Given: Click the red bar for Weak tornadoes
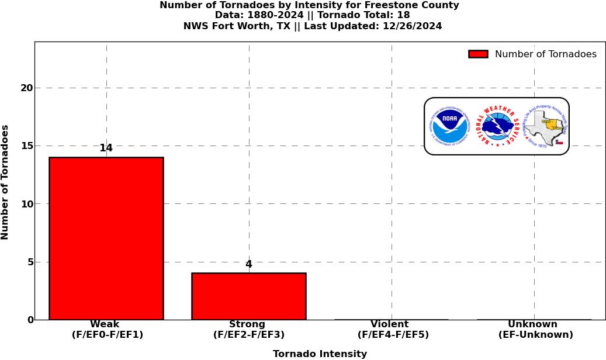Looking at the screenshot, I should (x=106, y=238).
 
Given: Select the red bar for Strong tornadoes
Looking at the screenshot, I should (x=248, y=296).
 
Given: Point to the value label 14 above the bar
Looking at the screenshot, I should (x=106, y=148).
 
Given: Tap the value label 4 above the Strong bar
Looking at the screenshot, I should (x=248, y=265).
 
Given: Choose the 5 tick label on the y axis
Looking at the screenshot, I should (x=30, y=262).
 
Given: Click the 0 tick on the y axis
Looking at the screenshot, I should (x=30, y=320).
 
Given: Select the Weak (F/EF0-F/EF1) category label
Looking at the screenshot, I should (x=106, y=330).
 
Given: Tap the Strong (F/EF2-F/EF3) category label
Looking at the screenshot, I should (x=248, y=330).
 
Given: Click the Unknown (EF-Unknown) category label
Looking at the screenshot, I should (x=534, y=330).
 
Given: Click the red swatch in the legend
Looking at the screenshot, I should (x=478, y=54).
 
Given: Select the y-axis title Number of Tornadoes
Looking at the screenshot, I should (x=5, y=182).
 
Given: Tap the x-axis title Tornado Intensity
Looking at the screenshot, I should (x=320, y=354).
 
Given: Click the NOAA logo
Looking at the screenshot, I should (x=450, y=126).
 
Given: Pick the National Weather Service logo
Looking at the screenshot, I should (x=497, y=126).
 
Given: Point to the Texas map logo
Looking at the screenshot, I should (x=546, y=126).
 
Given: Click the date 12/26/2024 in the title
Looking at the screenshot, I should (x=412, y=26).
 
